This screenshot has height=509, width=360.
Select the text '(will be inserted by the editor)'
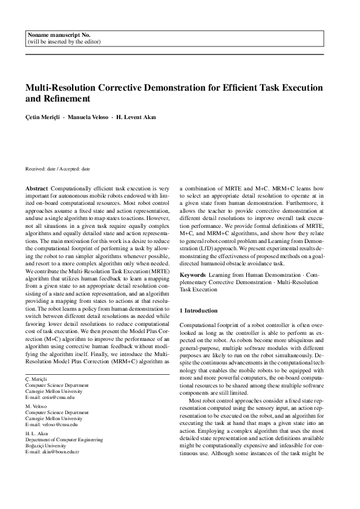click(64, 42)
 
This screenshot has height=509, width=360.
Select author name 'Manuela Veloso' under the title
click(92, 117)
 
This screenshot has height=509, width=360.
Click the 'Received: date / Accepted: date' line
click(57, 169)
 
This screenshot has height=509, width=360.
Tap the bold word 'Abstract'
click(37, 189)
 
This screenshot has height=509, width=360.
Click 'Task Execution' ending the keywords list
click(198, 289)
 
